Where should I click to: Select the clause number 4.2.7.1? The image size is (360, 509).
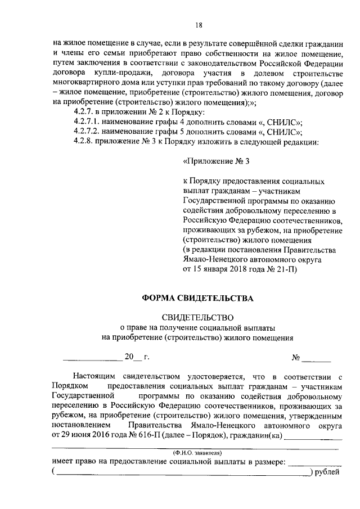pos(88,122)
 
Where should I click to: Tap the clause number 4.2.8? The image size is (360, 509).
pos(85,142)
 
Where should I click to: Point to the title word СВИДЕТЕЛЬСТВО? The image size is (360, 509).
pos(197,318)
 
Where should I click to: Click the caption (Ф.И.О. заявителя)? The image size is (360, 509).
pos(198,452)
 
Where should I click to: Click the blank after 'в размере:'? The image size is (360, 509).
pos(314,462)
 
